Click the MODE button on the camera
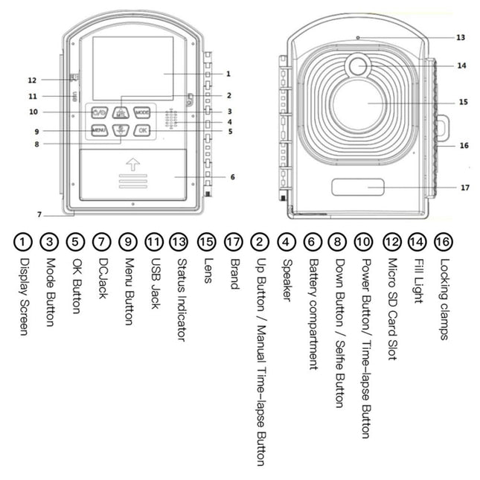(142, 112)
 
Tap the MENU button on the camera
(100, 130)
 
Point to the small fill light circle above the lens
(358, 67)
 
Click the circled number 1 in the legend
(24, 242)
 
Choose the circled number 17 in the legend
(232, 242)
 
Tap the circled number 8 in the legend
(337, 242)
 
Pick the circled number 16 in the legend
(442, 242)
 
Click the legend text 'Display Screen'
(24, 295)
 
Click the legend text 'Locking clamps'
(444, 298)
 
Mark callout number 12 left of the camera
(32, 80)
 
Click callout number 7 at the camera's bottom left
(38, 214)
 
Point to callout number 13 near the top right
(461, 36)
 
